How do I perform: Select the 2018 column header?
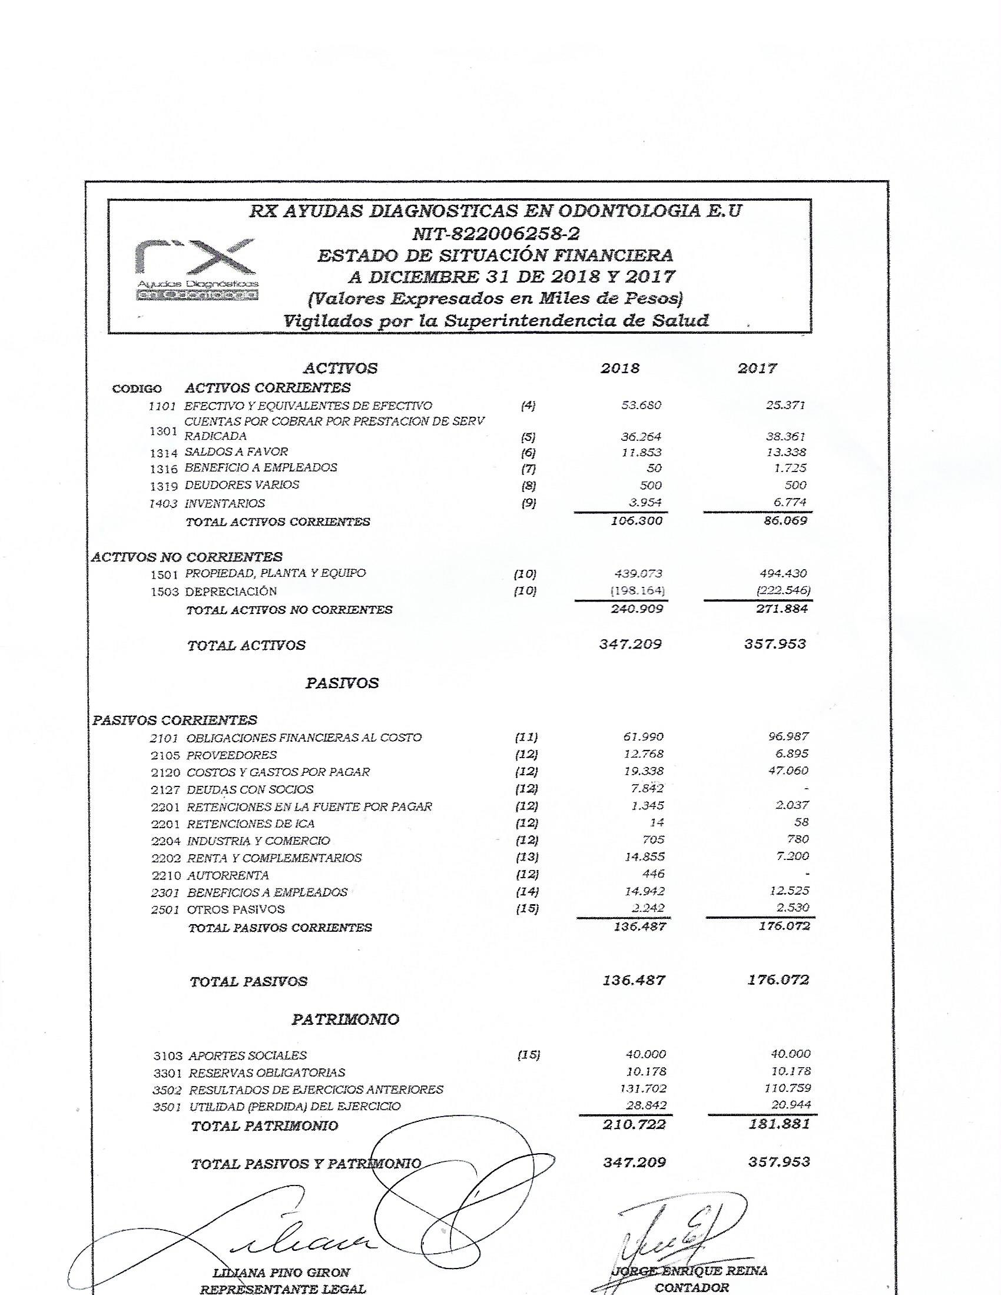click(620, 368)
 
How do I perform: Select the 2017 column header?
click(757, 368)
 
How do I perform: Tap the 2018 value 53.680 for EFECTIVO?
click(641, 406)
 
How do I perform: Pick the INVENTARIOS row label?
click(225, 503)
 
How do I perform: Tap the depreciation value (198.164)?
click(637, 590)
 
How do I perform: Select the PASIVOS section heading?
click(342, 683)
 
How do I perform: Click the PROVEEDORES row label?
click(232, 755)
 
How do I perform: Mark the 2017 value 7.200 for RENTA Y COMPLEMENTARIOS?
click(792, 856)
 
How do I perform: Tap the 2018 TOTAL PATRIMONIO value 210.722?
click(634, 1124)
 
